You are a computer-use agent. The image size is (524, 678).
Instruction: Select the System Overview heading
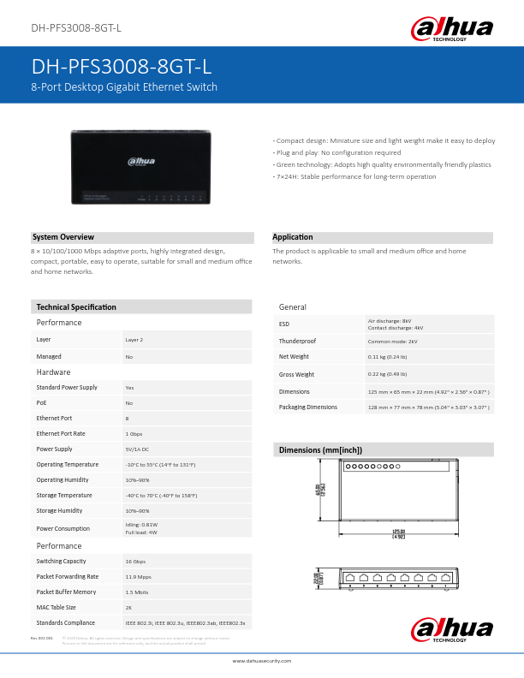coord(63,237)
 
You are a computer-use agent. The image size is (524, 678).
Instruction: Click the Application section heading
coord(292,237)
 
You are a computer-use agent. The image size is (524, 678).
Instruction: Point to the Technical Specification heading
coord(76,306)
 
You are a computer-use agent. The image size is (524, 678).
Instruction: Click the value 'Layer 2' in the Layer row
coord(134,340)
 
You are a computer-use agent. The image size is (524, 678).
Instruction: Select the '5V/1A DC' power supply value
coord(137,449)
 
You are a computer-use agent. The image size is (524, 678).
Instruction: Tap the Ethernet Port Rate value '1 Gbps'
coord(134,433)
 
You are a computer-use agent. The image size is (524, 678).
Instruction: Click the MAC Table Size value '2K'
coord(128,607)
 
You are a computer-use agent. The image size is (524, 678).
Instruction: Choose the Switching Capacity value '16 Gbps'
coord(135,561)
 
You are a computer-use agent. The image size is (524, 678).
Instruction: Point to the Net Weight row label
coord(294,356)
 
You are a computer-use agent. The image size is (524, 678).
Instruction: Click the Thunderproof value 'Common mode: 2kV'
coord(392,341)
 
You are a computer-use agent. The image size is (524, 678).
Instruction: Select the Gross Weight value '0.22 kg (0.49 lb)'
coord(387,374)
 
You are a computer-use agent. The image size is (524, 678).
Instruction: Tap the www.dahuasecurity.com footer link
coord(262,661)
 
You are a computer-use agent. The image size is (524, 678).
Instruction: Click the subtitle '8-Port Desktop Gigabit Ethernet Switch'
coord(124,87)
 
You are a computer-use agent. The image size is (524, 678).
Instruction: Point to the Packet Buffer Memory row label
coord(66,592)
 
